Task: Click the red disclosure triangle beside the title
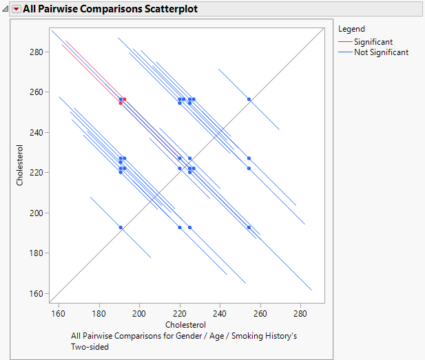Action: pos(16,9)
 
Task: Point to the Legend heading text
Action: pos(351,29)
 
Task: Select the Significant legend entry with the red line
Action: pos(373,42)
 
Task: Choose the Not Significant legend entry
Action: pos(381,52)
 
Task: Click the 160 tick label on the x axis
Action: pos(59,314)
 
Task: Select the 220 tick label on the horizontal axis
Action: pos(180,314)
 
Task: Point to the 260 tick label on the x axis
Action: pos(260,314)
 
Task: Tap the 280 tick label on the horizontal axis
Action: pos(301,314)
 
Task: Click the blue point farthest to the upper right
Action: pos(249,100)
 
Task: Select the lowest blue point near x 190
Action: pos(121,227)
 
